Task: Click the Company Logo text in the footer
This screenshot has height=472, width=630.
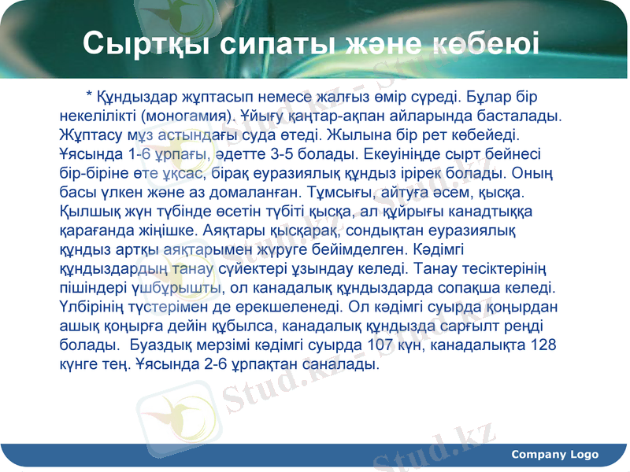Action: point(554,455)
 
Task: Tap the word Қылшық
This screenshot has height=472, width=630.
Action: point(88,211)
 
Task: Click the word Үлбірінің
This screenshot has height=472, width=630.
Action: point(94,307)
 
